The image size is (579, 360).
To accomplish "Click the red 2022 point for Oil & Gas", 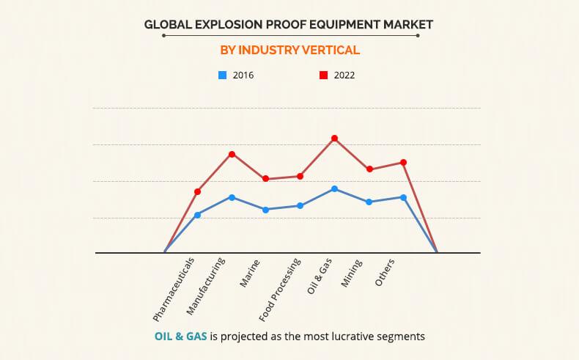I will [x=334, y=138].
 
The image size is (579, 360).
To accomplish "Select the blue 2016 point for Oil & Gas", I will [x=334, y=189].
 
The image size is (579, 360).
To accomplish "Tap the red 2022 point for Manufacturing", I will [x=232, y=154].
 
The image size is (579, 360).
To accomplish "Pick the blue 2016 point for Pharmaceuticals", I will [x=198, y=215].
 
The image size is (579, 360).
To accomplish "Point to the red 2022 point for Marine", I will [x=266, y=179].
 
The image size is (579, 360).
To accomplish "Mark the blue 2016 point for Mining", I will [x=369, y=202].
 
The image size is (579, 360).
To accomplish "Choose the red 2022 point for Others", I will [x=403, y=162].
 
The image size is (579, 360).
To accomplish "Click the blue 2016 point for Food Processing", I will [x=300, y=205].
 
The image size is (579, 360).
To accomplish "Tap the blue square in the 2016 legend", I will [x=222, y=75].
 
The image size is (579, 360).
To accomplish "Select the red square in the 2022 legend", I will [x=323, y=75].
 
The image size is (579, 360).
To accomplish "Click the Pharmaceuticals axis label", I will [x=176, y=290].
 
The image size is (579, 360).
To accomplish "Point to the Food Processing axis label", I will [x=281, y=290].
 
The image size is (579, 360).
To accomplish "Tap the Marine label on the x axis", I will [x=249, y=273].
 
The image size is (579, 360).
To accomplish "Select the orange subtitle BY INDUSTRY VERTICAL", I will [x=289, y=51].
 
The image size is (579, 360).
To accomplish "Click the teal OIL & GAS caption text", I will [x=181, y=337].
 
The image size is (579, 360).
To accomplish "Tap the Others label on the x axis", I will [x=386, y=273].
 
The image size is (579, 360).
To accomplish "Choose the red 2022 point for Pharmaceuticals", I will [x=198, y=191].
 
